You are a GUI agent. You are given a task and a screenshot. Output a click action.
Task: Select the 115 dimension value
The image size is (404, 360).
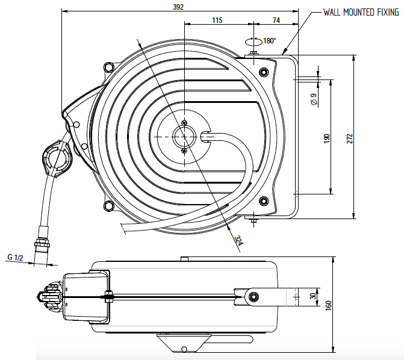(x=217, y=20)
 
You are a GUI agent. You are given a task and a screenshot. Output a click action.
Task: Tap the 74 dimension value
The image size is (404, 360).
(x=276, y=20)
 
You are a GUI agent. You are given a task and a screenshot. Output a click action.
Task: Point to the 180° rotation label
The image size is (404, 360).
(x=269, y=41)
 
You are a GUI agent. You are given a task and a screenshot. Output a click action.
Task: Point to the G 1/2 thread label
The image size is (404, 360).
(x=16, y=258)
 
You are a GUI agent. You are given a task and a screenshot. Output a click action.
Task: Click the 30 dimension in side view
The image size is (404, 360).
(x=312, y=296)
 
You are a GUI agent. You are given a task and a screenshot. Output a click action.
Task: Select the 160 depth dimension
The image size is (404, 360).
(x=328, y=306)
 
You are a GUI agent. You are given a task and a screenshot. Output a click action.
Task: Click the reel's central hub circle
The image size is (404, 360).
(x=184, y=137)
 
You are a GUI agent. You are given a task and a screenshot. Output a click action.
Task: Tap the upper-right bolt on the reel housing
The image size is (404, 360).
(x=263, y=73)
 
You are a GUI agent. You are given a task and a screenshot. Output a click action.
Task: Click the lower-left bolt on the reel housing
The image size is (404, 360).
(x=108, y=206)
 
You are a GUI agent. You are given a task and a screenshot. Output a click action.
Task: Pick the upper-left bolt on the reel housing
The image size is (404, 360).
(x=108, y=67)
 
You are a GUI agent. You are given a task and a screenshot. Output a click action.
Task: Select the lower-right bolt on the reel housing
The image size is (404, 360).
(x=263, y=201)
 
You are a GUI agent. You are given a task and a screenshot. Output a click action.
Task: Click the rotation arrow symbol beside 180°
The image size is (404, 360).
(x=253, y=42)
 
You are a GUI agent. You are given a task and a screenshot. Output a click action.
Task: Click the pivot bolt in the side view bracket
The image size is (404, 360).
(x=253, y=296)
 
